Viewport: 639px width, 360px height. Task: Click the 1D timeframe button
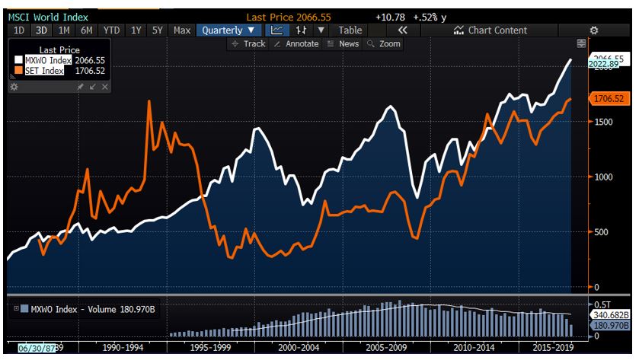tap(20, 30)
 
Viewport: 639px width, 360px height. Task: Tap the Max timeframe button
tap(182, 30)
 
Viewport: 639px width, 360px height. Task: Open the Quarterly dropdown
tap(228, 30)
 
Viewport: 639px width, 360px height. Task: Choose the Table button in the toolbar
tap(350, 30)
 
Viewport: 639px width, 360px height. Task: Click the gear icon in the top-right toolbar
tap(594, 30)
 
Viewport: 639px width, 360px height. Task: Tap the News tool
tap(343, 44)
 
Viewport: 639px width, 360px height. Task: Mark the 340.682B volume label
tap(609, 314)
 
